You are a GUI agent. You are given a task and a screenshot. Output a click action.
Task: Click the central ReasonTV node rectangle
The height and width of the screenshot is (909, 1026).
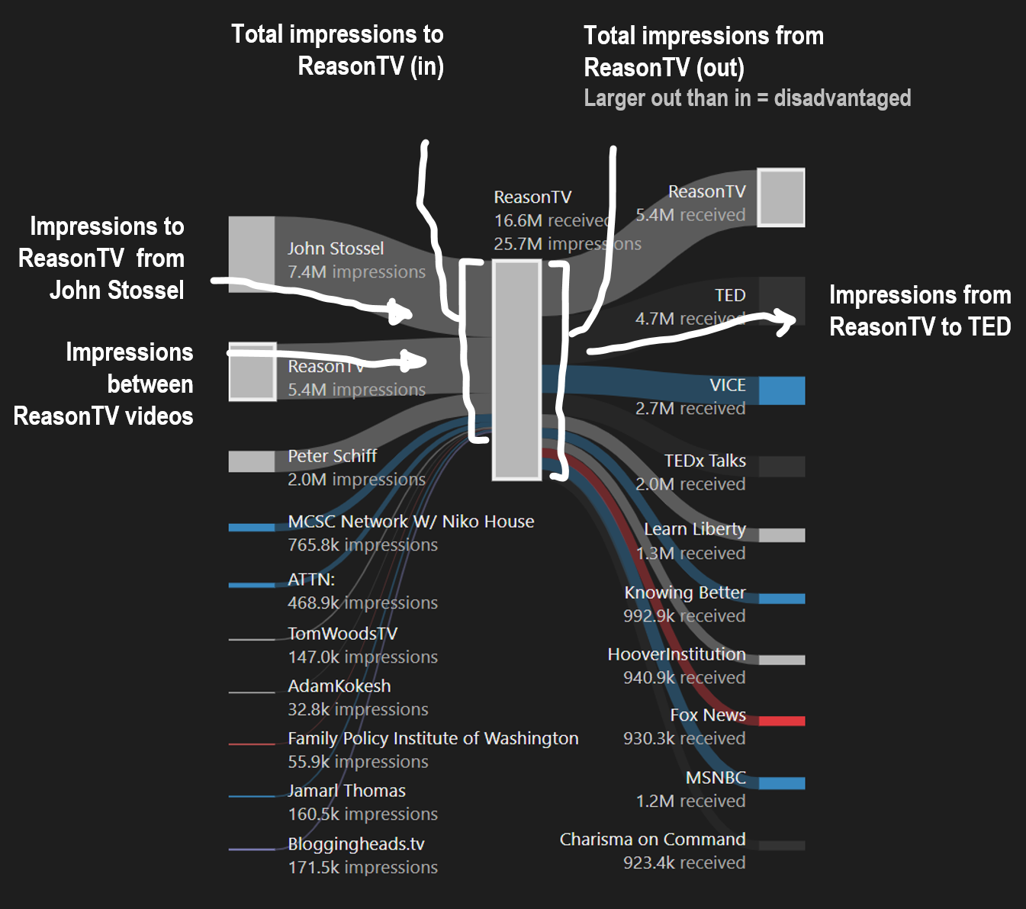[x=516, y=370]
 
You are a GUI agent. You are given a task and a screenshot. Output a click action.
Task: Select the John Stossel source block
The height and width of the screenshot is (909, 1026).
[x=252, y=254]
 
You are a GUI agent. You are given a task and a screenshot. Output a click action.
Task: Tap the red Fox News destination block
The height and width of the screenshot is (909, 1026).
[x=782, y=721]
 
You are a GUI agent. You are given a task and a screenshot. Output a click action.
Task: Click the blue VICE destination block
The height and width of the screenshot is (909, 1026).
[x=782, y=390]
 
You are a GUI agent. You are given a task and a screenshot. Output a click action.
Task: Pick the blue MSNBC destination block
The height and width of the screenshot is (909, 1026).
[x=782, y=783]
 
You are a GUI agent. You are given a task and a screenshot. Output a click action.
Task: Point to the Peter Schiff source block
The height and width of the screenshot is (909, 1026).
[x=252, y=461]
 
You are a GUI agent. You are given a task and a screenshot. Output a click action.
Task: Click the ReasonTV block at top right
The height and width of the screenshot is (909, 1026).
[x=781, y=198]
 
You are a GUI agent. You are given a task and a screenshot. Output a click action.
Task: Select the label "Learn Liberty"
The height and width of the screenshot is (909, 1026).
[x=694, y=529]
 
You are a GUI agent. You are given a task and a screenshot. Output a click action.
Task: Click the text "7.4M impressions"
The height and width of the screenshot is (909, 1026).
[x=356, y=272]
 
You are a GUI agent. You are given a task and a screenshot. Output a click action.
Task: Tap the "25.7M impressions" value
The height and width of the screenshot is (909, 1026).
[x=567, y=244]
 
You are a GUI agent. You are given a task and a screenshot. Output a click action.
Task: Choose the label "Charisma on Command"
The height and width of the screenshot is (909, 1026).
[x=652, y=840]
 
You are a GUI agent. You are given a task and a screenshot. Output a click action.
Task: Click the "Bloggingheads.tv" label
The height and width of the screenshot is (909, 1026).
[x=355, y=844]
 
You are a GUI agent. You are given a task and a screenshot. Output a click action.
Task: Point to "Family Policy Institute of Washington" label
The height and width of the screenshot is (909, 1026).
[x=433, y=738]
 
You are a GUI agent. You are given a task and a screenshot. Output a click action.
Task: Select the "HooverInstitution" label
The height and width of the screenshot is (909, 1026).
[x=677, y=654]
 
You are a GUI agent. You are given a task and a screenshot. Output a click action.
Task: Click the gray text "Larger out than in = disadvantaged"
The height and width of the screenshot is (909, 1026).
[x=747, y=98]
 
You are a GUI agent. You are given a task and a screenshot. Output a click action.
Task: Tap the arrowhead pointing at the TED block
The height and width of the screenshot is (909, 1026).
[x=786, y=321]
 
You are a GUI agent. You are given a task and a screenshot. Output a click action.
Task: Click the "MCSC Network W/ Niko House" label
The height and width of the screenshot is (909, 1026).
[x=410, y=522]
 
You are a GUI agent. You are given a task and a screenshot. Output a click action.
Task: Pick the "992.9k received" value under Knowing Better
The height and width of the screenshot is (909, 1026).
[x=683, y=616]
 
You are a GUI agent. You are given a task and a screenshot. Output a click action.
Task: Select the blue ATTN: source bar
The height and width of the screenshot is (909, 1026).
[x=252, y=585]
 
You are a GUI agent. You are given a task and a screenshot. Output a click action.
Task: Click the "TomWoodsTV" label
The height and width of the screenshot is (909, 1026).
[x=343, y=634]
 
